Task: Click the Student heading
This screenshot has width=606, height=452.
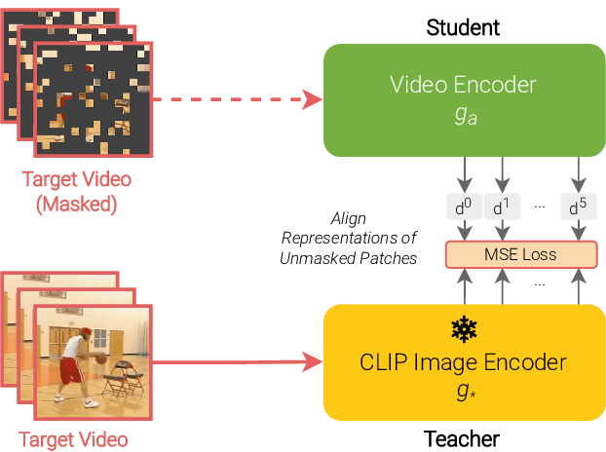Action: (x=462, y=26)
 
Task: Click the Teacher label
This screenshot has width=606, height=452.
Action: (x=462, y=439)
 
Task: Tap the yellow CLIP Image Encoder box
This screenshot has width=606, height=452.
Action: (x=463, y=361)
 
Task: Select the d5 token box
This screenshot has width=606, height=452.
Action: (x=578, y=207)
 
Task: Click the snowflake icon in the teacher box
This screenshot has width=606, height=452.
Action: (x=463, y=327)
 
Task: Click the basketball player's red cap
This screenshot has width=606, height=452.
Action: (x=84, y=334)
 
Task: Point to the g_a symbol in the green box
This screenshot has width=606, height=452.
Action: (x=463, y=119)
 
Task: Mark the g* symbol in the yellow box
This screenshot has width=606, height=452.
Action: (x=463, y=390)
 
